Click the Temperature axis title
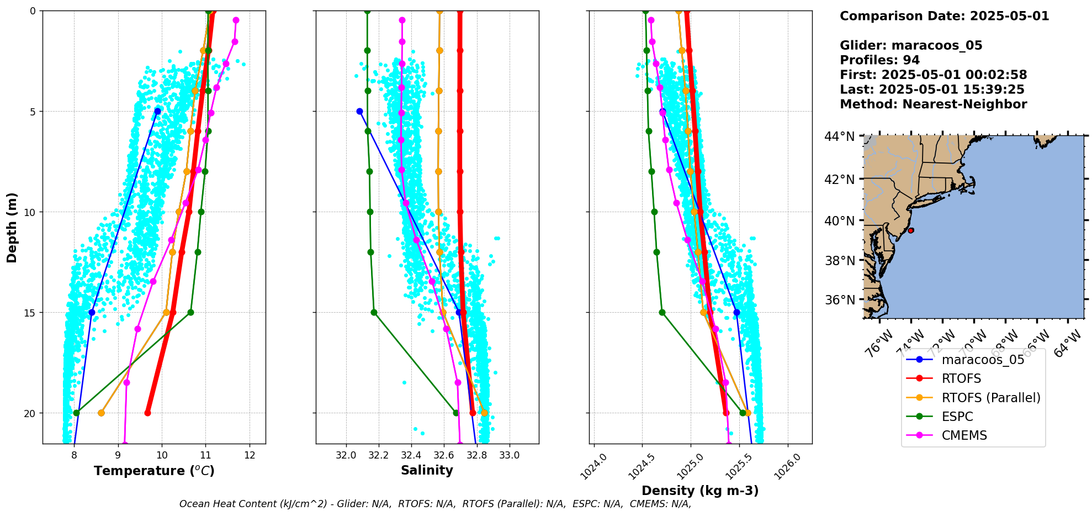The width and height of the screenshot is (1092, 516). [x=154, y=471]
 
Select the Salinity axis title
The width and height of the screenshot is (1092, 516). [x=427, y=471]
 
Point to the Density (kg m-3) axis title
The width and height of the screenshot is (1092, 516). [x=700, y=491]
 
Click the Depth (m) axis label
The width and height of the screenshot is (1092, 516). [x=12, y=227]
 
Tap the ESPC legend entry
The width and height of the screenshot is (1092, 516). [x=957, y=417]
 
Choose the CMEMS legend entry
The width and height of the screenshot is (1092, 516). [x=964, y=435]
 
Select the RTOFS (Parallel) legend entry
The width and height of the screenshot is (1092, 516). [x=990, y=398]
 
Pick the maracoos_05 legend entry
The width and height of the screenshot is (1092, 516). [x=983, y=360]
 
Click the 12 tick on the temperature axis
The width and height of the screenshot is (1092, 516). [x=250, y=456]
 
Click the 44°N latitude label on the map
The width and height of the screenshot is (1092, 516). [x=839, y=136]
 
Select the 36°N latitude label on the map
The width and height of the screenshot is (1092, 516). [x=839, y=300]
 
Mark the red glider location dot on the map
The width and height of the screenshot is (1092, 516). [x=910, y=230]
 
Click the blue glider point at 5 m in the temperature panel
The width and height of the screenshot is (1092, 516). [x=157, y=111]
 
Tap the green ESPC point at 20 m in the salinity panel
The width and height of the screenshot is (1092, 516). [x=455, y=413]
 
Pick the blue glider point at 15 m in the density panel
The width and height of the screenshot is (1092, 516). [x=736, y=312]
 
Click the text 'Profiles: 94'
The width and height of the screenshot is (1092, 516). [x=879, y=60]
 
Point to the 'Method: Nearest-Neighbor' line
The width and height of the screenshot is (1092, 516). [x=933, y=104]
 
